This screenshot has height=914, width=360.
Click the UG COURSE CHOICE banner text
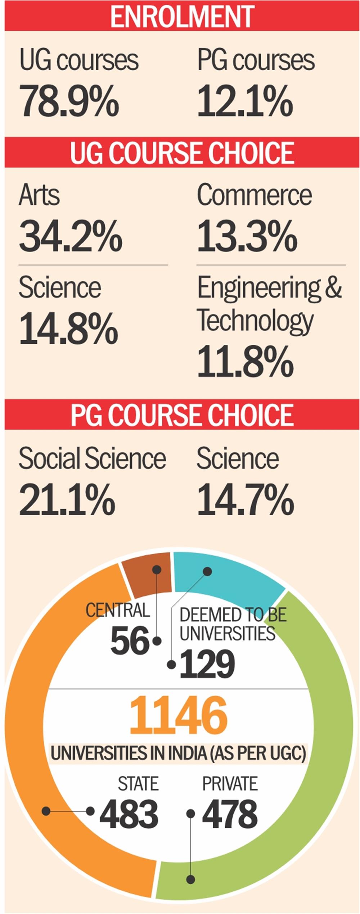tap(182, 153)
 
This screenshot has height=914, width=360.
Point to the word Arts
tap(39, 195)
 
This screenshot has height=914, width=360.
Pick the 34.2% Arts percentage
tap(71, 236)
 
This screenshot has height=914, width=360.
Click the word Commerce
tap(254, 195)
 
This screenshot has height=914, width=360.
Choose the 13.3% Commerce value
tap(247, 236)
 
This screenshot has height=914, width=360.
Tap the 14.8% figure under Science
tap(68, 328)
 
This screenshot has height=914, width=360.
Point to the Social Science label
tap(92, 458)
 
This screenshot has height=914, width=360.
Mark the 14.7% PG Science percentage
tap(246, 499)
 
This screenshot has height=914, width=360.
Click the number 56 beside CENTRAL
tap(130, 641)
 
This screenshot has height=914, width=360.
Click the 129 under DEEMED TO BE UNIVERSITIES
tap(207, 664)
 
